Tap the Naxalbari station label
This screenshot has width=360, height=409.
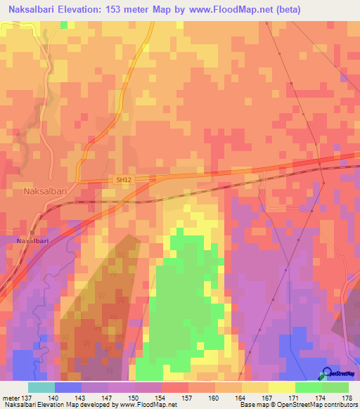click(27, 241)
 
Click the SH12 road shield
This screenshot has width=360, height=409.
click(124, 180)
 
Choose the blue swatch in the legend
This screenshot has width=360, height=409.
click(68, 387)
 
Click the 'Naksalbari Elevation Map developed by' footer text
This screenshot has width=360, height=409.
click(56, 405)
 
